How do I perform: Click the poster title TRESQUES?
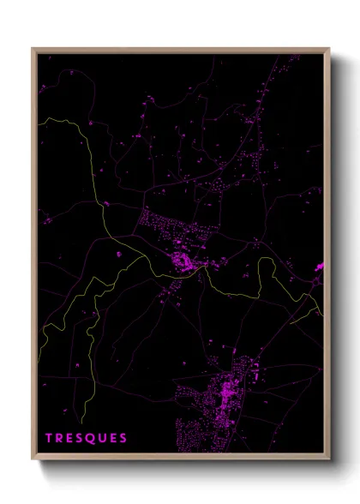[87, 438]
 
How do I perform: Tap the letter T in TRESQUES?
[49, 438]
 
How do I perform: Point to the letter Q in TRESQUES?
[91, 438]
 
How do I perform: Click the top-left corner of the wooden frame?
[33, 49]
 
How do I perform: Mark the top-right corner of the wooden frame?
[329, 49]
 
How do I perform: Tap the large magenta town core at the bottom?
[229, 393]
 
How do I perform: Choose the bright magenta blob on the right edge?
[319, 267]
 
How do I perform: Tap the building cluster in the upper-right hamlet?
[253, 159]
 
